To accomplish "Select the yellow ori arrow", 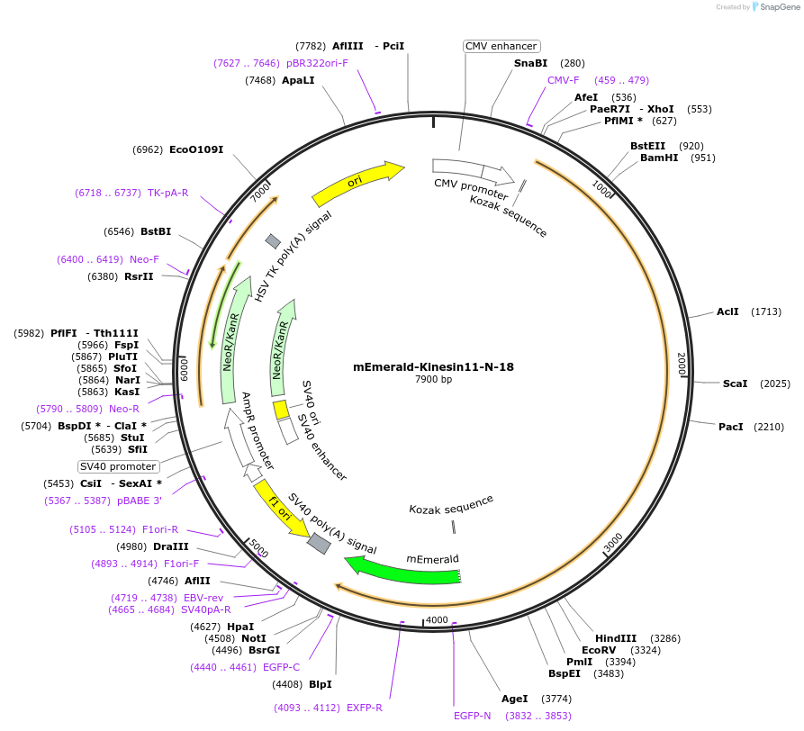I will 357,185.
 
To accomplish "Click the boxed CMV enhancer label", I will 501,46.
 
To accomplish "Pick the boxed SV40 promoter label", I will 118,466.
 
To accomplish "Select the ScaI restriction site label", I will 735,384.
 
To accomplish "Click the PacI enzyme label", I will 730,427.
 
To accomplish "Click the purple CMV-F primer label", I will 564,80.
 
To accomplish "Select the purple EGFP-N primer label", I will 473,716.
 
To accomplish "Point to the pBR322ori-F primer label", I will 317,63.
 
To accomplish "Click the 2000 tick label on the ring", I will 682,365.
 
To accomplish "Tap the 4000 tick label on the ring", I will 437,620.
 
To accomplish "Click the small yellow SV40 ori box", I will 281,411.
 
